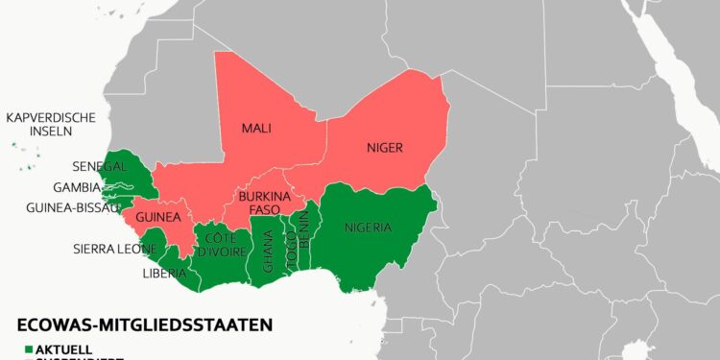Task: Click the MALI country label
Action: tap(256, 128)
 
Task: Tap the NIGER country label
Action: tap(384, 148)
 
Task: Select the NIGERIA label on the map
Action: tap(368, 228)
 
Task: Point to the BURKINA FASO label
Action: tap(257, 202)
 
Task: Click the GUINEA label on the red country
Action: tap(158, 218)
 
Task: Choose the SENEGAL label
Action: tap(100, 167)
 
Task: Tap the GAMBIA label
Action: tap(77, 187)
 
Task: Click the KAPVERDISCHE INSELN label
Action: tap(50, 124)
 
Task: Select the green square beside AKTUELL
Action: tap(30, 348)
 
